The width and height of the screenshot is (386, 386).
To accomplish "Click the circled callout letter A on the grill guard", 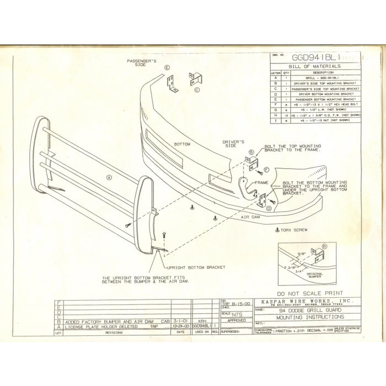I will coord(109,178).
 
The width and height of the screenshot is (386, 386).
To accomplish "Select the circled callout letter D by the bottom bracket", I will coord(269,208).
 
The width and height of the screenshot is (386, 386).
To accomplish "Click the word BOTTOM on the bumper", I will coord(182,143).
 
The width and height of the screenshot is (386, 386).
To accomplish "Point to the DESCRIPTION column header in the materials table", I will coord(320,72).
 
